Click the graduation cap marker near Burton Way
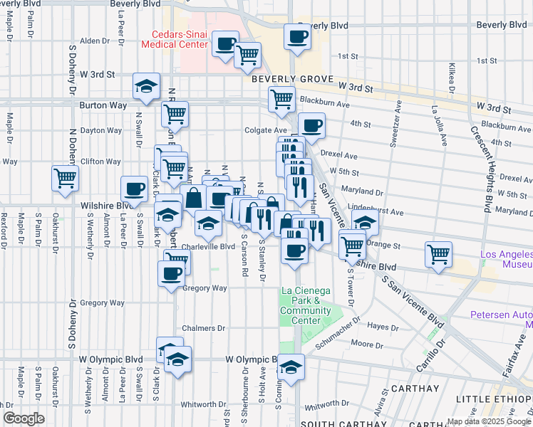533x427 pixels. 146,87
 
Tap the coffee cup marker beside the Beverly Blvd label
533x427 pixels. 297,36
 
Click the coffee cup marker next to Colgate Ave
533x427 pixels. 311,126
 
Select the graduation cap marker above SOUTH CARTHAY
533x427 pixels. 291,367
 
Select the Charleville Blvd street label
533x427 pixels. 208,247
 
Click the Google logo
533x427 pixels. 24,418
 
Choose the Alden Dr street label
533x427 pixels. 95,41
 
